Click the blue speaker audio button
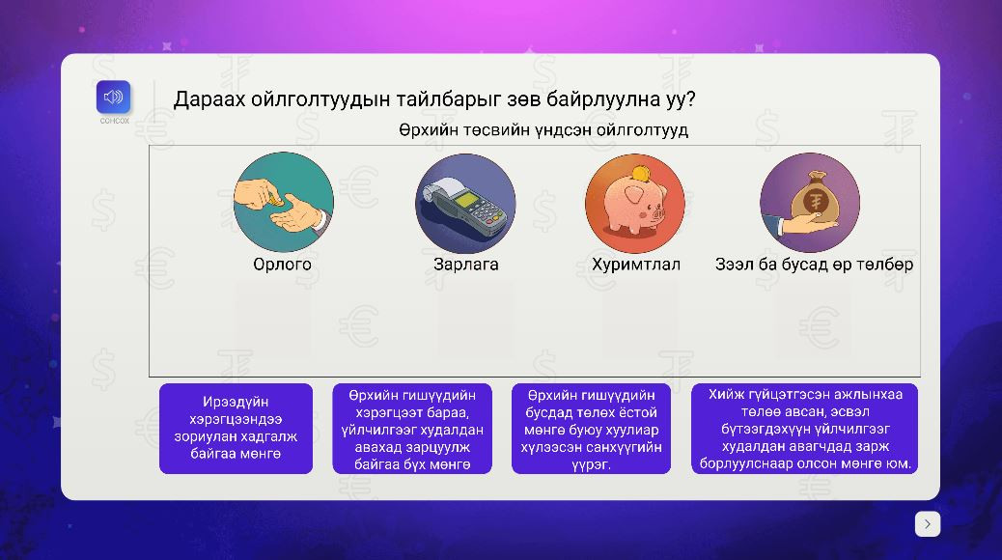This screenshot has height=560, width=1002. click(113, 98)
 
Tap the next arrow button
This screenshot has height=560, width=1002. click(928, 524)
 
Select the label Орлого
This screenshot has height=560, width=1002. click(283, 264)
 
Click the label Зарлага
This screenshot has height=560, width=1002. click(466, 264)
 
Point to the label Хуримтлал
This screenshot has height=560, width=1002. click(636, 265)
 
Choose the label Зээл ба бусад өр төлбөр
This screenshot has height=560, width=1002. click(814, 264)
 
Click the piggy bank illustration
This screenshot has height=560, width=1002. click(634, 204)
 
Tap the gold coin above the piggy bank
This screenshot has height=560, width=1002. click(639, 173)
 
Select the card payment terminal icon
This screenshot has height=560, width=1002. click(466, 204)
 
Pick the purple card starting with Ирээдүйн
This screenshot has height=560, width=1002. click(236, 429)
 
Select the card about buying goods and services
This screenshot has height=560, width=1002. click(412, 429)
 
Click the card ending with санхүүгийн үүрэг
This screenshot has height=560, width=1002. click(591, 429)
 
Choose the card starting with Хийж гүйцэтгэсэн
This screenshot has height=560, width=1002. click(804, 429)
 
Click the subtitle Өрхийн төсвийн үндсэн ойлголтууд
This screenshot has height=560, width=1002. click(543, 129)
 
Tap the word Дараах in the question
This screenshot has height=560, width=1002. click(209, 99)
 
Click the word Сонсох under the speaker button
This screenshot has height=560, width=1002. click(114, 121)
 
